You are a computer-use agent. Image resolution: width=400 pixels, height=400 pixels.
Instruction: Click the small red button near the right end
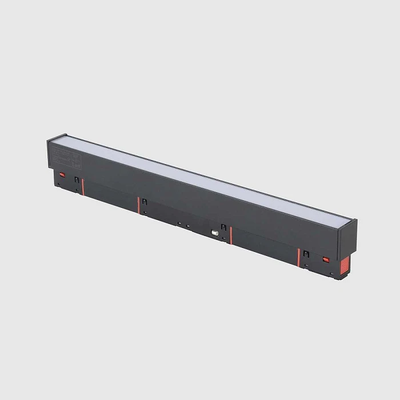click(x=326, y=259)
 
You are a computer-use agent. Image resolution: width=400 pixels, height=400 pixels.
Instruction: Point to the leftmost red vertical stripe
click(x=82, y=186)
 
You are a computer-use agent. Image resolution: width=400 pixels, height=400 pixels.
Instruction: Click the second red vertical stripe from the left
click(x=138, y=205)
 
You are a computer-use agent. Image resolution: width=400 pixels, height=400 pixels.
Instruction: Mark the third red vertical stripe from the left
click(x=231, y=235)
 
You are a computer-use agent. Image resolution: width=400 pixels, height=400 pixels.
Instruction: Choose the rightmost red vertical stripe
click(x=298, y=257)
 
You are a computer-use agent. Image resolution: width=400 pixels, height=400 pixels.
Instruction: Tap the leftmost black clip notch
click(x=76, y=179)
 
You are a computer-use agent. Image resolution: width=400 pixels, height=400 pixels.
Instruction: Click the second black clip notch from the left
click(x=145, y=201)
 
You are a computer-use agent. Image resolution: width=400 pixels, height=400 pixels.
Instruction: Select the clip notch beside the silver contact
click(x=224, y=227)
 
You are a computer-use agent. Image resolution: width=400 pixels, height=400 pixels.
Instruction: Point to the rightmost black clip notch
click(x=306, y=254)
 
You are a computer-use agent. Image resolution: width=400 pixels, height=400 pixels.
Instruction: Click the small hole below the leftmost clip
click(x=76, y=189)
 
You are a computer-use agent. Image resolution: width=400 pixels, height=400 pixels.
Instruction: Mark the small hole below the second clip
click(x=145, y=211)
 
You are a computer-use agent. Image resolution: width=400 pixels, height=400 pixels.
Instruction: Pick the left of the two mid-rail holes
click(x=179, y=223)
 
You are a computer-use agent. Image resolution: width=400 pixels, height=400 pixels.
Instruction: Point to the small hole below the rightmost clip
click(x=307, y=265)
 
